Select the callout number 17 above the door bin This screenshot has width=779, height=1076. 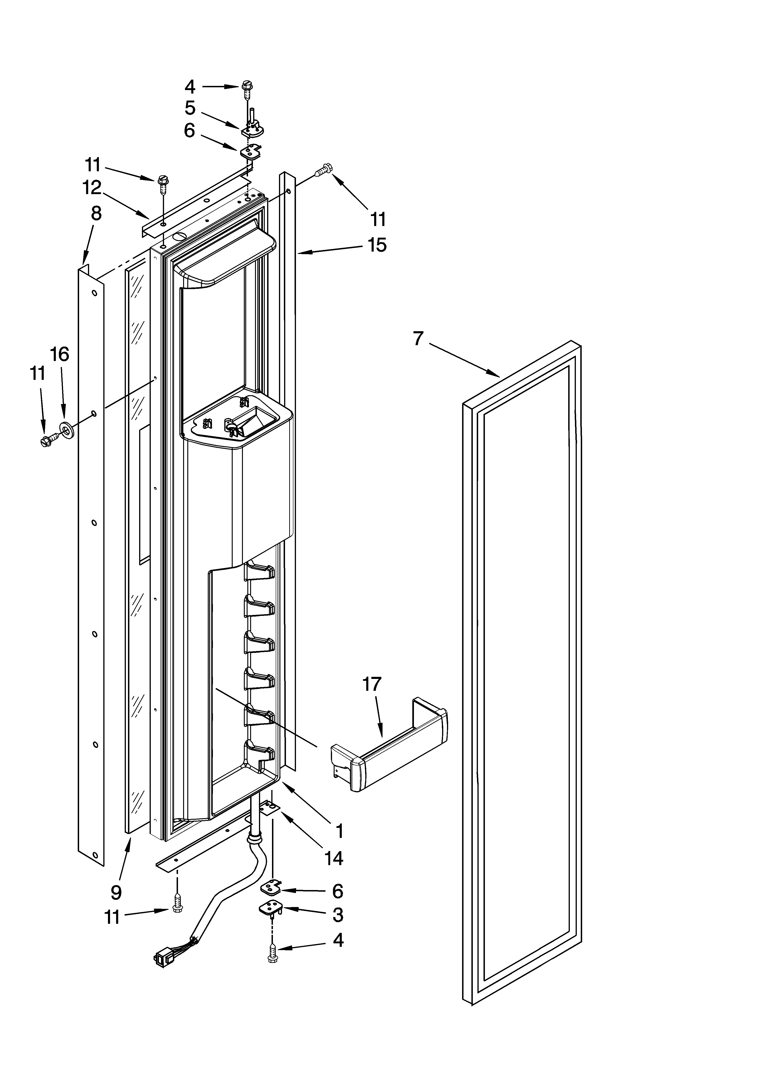372,684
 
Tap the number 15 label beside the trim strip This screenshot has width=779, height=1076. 377,245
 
